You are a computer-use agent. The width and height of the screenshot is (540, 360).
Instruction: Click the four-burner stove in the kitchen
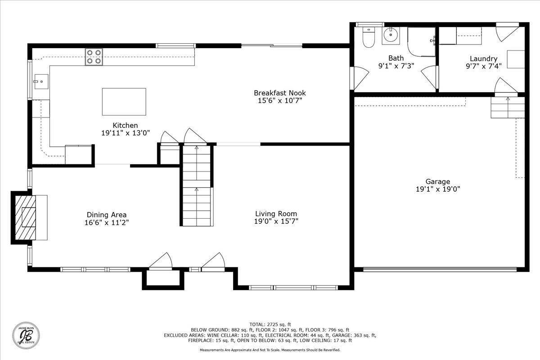pyautogui.click(x=94, y=57)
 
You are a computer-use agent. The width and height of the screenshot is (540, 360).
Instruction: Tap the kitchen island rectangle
pyautogui.click(x=124, y=102)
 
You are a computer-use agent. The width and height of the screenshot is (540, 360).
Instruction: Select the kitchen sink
pyautogui.click(x=41, y=81)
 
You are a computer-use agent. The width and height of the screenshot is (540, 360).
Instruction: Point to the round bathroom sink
pyautogui.click(x=391, y=36)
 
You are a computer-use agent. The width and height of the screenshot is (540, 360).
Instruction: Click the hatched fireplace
pyautogui.click(x=25, y=217)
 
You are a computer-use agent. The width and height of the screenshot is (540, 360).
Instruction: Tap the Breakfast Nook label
pyautogui.click(x=279, y=93)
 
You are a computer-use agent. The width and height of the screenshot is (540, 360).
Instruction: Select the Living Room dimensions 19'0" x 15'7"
pyautogui.click(x=276, y=221)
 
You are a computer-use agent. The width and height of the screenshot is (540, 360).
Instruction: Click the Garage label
pyautogui.click(x=437, y=181)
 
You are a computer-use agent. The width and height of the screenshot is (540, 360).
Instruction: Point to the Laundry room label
pyautogui.click(x=484, y=58)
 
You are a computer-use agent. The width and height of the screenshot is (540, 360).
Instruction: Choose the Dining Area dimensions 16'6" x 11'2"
pyautogui.click(x=107, y=222)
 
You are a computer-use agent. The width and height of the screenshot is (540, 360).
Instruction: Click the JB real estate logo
pyautogui.click(x=26, y=335)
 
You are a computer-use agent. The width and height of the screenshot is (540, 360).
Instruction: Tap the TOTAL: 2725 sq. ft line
pyautogui.click(x=270, y=324)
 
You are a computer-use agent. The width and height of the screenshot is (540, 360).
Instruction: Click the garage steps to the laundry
pyautogui.click(x=508, y=107)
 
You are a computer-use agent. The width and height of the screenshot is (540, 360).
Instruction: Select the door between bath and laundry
pyautogui.click(x=430, y=77)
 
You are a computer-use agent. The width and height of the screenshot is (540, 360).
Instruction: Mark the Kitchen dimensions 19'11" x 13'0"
pyautogui.click(x=126, y=133)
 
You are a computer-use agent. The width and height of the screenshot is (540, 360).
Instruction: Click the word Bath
pyautogui.click(x=396, y=58)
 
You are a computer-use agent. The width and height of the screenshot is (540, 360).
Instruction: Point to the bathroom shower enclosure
pyautogui.click(x=421, y=42)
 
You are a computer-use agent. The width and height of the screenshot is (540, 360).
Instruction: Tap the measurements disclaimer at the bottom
pyautogui.click(x=270, y=350)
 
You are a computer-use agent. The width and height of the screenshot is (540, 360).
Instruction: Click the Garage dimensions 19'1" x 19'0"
pyautogui.click(x=438, y=189)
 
